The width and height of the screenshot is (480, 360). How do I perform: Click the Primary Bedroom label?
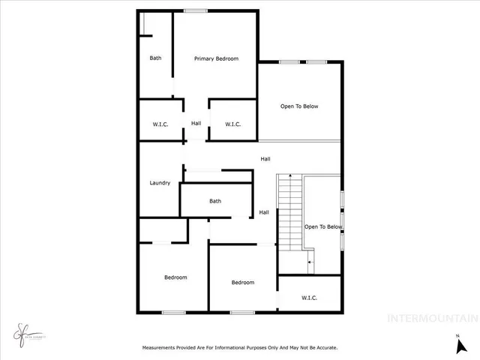click(216, 58)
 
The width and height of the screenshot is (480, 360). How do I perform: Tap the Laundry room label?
click(160, 183)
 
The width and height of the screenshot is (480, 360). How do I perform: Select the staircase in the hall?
click(289, 213)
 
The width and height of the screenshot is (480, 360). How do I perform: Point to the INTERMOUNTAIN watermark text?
click(432, 318)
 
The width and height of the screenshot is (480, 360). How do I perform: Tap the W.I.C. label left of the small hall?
click(159, 124)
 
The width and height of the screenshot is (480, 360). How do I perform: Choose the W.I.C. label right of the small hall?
click(232, 124)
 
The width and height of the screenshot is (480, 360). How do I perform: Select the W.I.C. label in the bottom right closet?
click(309, 298)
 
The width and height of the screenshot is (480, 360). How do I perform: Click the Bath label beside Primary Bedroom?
click(155, 58)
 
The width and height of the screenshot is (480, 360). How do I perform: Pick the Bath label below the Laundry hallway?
click(215, 201)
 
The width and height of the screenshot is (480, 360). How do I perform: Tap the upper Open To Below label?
click(299, 106)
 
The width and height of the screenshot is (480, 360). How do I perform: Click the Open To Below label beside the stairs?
click(323, 226)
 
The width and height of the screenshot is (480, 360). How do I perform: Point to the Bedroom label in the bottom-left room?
click(175, 277)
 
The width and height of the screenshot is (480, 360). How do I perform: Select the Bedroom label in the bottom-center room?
click(242, 283)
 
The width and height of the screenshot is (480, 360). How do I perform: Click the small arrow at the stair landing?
click(309, 262)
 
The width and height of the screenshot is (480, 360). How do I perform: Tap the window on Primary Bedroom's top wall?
click(196, 10)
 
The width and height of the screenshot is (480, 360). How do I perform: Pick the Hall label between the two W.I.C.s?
click(196, 124)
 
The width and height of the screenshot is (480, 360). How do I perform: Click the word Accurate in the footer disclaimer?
click(324, 348)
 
